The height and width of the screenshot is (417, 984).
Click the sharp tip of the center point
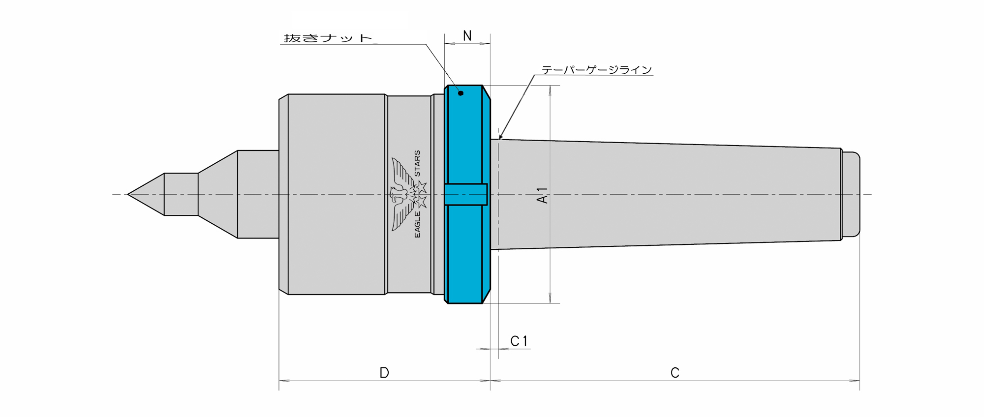128,194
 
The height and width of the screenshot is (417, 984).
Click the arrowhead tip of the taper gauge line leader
499,140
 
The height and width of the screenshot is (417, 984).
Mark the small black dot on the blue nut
461,93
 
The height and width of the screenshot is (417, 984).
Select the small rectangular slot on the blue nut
466,194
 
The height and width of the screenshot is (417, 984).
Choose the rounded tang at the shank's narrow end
851,194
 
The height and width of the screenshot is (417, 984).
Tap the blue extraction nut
467,194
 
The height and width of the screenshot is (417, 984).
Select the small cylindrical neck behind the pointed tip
181,194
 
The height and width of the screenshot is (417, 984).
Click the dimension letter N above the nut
467,36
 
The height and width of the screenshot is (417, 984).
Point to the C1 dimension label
519,341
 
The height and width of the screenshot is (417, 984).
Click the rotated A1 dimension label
542,195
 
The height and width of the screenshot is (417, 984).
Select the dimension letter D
384,373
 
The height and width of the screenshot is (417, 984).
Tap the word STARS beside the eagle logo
417,163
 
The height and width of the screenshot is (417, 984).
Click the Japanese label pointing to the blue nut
328,38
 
